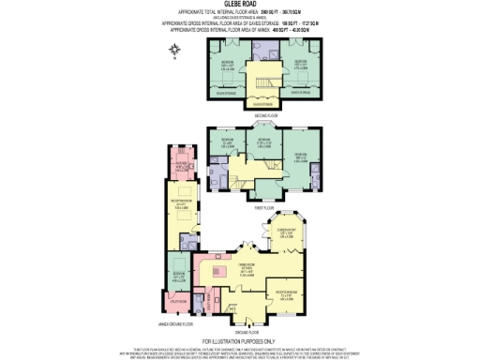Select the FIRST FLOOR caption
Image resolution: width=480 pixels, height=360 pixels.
(263, 206)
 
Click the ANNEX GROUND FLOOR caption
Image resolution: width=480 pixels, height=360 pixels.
(177, 323)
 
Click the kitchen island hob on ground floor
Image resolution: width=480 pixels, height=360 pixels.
(224, 277)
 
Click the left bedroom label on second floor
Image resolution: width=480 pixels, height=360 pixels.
(226, 66)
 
